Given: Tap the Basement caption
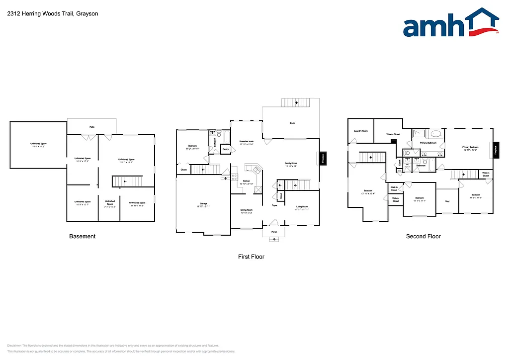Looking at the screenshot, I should pos(82,236).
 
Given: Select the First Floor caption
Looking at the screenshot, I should pos(251,257).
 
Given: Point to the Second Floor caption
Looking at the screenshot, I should pos(423,236).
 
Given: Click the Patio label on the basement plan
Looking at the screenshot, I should pos(92,127).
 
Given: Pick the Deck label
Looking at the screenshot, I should pos(292,123).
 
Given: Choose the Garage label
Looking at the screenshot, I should pos(203,204).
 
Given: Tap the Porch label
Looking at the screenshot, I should pos(274,232).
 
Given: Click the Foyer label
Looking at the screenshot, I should pos(274,205).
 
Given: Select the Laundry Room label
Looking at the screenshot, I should pos(361,131).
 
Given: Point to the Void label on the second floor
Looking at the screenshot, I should pos(447,201).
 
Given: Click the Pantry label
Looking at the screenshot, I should pos(226,149).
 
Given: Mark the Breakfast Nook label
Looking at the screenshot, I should pos(247,142).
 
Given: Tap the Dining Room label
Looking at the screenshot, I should pos(247,211).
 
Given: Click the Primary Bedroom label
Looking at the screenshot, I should pos(470,148).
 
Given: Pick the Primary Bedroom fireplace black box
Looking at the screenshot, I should pos(496,150).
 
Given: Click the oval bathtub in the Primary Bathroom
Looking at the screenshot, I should pos(435,134).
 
